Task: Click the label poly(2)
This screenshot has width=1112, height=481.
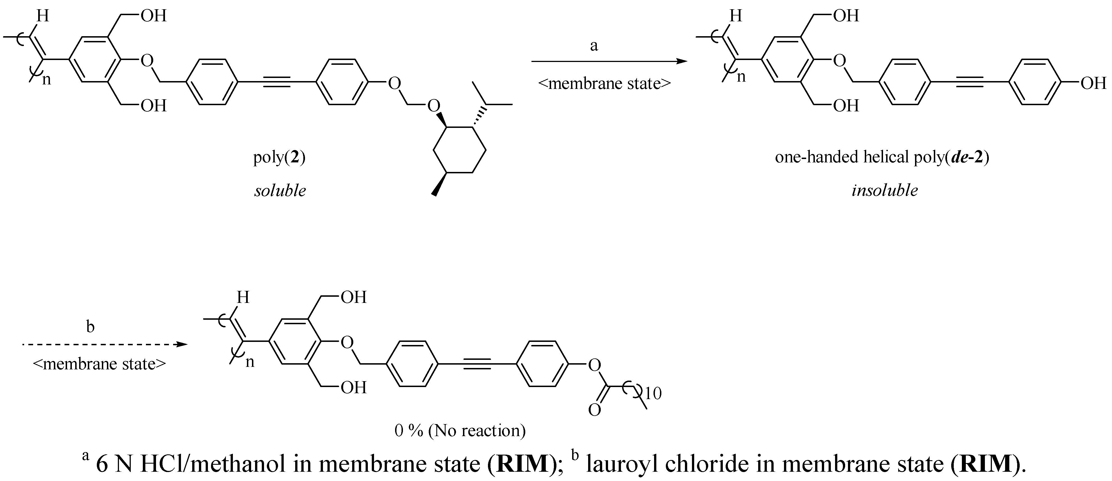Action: (x=279, y=157)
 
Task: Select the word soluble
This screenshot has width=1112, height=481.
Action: (x=280, y=190)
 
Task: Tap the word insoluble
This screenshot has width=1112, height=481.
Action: (x=884, y=190)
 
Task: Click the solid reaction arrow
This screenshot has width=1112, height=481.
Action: (x=609, y=61)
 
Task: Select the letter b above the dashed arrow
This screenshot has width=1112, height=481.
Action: (x=90, y=326)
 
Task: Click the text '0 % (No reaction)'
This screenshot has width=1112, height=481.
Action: (x=460, y=430)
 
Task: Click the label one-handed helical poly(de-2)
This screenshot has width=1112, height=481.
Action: (x=882, y=157)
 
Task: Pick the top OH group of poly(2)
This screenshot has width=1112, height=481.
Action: (x=154, y=16)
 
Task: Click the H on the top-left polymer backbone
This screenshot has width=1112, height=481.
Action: (x=42, y=16)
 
